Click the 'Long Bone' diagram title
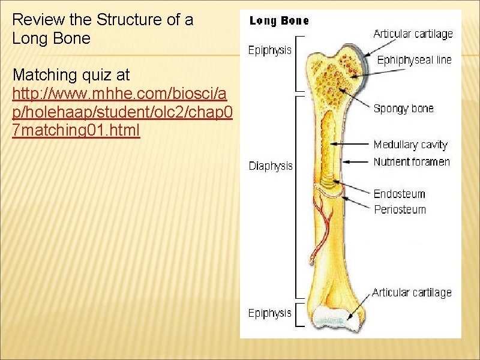pyautogui.click(x=279, y=21)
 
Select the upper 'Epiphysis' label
pyautogui.click(x=270, y=50)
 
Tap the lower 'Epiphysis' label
pyautogui.click(x=270, y=313)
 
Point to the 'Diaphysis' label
pyautogui.click(x=271, y=166)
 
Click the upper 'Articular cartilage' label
pyautogui.click(x=413, y=34)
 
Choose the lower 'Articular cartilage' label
pyautogui.click(x=412, y=292)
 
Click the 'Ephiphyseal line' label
pyautogui.click(x=414, y=60)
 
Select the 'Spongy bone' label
pyautogui.click(x=403, y=109)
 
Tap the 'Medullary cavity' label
pyautogui.click(x=410, y=145)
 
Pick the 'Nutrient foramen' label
pyautogui.click(x=412, y=162)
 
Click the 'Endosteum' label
pyautogui.click(x=399, y=194)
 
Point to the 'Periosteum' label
pyautogui.click(x=400, y=209)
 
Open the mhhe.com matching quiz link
pyautogui.click(x=119, y=112)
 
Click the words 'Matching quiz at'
pyautogui.click(x=71, y=76)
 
